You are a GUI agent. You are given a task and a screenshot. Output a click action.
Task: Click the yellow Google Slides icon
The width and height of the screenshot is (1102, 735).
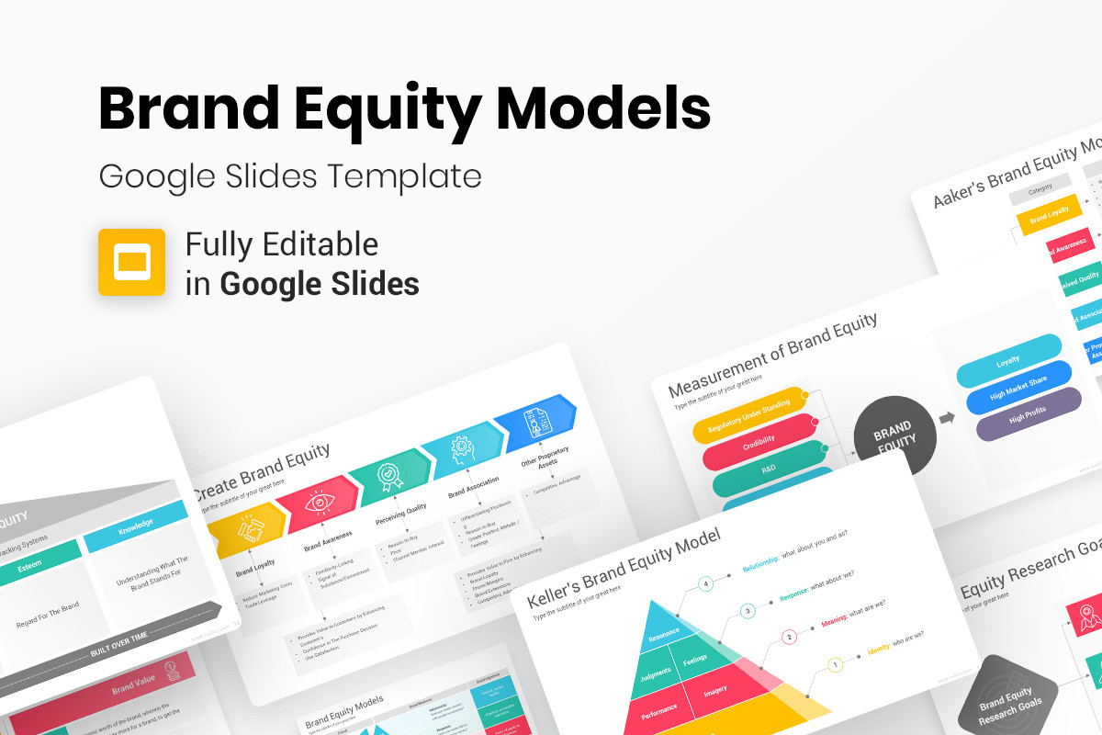coord(131,262)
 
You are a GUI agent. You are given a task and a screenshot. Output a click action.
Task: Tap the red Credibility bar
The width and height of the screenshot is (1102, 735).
coord(759,443)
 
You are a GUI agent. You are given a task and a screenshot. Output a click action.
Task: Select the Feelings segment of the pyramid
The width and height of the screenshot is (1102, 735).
coord(695,659)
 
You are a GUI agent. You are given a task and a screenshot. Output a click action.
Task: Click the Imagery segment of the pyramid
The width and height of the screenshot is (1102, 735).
coord(714,690)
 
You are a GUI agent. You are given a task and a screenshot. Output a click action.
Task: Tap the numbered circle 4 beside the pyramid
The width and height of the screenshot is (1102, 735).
coord(706,583)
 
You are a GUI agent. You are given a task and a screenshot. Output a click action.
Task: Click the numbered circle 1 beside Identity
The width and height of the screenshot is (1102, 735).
coord(835,664)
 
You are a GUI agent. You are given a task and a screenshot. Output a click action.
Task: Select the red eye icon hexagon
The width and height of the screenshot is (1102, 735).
coord(318,504)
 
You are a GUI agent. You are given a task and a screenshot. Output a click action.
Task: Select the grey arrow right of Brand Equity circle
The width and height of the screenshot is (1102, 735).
coord(947,417)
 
